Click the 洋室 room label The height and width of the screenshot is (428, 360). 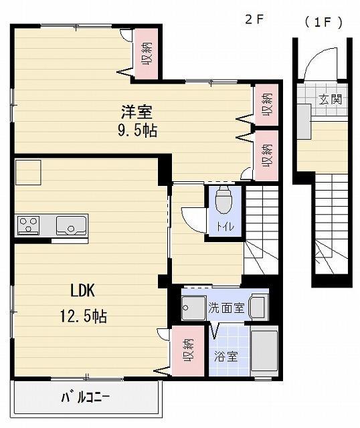137,112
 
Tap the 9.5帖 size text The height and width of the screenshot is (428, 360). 137,131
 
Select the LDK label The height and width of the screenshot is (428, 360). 83,291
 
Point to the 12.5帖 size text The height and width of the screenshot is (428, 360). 83,316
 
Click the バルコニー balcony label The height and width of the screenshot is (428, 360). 86,397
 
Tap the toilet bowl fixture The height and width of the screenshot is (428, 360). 223,200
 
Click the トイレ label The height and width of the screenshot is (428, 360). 225,226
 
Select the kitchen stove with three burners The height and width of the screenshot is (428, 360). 28,225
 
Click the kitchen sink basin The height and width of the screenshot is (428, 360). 72,225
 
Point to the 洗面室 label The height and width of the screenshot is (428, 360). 226,308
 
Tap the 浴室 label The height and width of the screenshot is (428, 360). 226,356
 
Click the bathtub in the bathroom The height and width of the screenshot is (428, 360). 264,350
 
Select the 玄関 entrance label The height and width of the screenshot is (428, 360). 331,99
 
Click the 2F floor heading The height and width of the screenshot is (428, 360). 254,19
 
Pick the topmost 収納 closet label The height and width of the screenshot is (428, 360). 147,53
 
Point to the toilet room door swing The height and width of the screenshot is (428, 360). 194,220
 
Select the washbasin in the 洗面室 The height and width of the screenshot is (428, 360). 258,308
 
